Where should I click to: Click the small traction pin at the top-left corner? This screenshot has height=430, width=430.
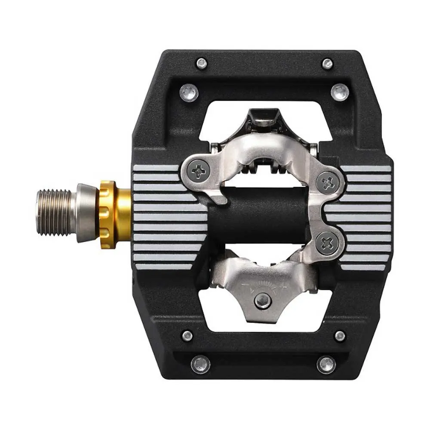click(202, 64)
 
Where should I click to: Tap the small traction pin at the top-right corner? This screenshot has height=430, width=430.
click(328, 64)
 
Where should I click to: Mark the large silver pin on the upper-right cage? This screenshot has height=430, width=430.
click(340, 92)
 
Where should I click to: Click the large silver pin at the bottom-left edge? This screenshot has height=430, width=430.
click(200, 364)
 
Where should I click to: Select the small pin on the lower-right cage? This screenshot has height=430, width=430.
click(340, 336)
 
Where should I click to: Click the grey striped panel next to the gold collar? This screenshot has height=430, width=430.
click(166, 217)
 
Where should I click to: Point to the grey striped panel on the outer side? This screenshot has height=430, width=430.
click(365, 217)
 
